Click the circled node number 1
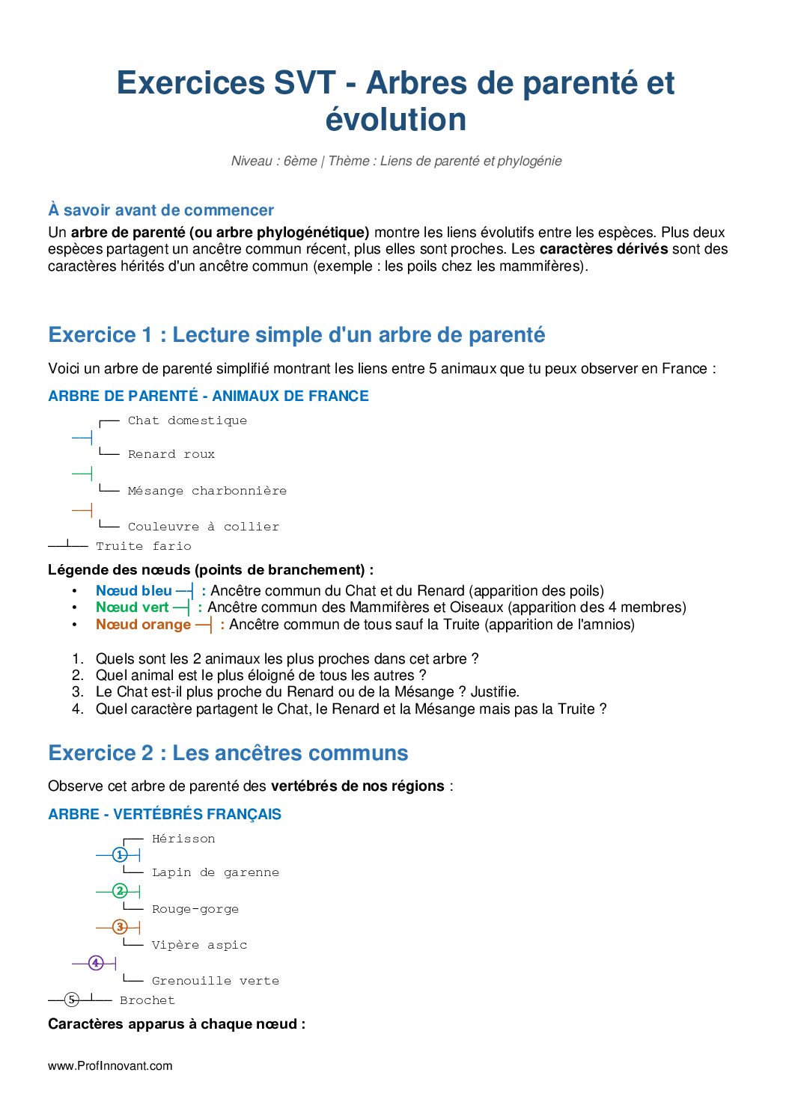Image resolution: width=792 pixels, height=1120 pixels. tap(120, 854)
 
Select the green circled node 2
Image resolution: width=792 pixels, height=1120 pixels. tap(120, 891)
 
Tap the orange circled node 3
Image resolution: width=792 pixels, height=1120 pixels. tap(120, 927)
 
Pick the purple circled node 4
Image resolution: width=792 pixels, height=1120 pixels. tap(96, 963)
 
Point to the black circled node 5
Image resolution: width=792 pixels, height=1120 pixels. tap(72, 999)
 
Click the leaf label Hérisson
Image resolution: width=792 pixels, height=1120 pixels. tap(183, 839)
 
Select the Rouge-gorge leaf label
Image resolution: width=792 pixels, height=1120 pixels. tap(195, 909)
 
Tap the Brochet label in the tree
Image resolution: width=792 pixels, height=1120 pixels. tap(147, 1000)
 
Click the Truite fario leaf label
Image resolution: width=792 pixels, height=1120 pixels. tap(144, 546)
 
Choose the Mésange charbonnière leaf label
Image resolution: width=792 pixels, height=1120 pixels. tap(207, 491)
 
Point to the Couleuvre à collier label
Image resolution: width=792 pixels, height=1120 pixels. tap(204, 527)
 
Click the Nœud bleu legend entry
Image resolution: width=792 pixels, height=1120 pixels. tap(134, 591)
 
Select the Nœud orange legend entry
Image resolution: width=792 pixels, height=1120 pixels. tap(144, 625)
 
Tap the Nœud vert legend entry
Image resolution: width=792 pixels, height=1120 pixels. tap(132, 608)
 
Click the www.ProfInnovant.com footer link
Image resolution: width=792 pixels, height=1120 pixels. tap(110, 1066)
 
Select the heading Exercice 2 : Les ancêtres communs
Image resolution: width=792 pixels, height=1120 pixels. tap(228, 753)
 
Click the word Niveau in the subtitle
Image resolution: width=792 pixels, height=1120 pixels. tap(252, 161)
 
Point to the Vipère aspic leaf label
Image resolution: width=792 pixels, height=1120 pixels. tap(199, 945)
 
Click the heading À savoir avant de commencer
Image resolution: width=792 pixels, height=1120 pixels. tap(161, 210)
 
